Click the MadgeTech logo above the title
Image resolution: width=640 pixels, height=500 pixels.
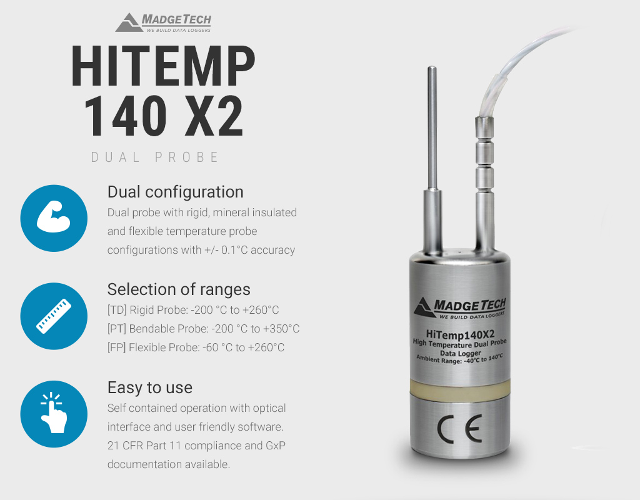(163, 22)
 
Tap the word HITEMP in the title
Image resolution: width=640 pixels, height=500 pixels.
(163, 66)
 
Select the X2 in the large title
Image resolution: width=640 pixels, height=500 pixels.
(214, 116)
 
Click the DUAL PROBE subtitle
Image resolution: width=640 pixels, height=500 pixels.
(155, 157)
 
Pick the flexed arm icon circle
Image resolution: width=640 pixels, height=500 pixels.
(54, 218)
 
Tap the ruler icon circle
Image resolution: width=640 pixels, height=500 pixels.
(54, 316)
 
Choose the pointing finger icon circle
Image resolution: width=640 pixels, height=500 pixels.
(54, 414)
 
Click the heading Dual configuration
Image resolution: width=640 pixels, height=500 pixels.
(176, 192)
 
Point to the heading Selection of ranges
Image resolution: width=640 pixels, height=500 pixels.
(179, 289)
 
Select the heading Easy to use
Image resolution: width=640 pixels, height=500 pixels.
(150, 387)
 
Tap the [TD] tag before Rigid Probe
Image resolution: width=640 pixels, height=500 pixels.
(117, 310)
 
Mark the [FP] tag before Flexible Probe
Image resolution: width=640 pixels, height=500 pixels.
(116, 347)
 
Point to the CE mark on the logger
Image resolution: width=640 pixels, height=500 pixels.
(459, 429)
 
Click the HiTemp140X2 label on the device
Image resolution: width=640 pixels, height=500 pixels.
(460, 335)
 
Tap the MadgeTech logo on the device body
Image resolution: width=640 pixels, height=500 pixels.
(460, 307)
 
